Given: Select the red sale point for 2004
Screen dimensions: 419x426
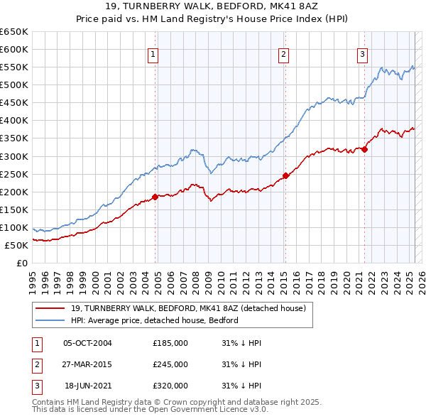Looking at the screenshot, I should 155,197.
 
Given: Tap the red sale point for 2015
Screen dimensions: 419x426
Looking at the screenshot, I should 285,175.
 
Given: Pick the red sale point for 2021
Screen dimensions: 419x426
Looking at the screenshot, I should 364,149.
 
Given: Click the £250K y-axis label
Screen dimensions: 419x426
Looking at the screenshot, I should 13,174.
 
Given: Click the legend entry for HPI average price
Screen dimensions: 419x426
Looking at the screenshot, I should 154,320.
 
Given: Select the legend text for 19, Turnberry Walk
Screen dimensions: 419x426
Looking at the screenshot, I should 188,308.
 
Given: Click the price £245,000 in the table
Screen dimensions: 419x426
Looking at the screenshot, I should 170,364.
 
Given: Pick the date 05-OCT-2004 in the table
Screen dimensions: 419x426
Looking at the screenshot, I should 87,343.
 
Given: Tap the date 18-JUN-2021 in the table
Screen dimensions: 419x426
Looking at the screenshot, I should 88,386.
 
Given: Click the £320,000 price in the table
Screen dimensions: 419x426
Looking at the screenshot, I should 170,386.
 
